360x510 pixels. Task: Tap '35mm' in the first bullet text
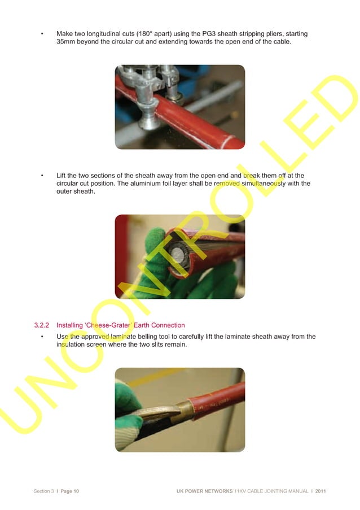pyautogui.click(x=66, y=42)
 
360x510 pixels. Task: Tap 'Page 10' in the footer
pyautogui.click(x=68, y=491)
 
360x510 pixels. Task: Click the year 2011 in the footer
pyautogui.click(x=321, y=491)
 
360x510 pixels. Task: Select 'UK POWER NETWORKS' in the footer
pyautogui.click(x=204, y=491)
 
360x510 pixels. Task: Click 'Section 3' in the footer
pyautogui.click(x=43, y=491)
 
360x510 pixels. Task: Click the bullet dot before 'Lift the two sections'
pyautogui.click(x=42, y=176)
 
